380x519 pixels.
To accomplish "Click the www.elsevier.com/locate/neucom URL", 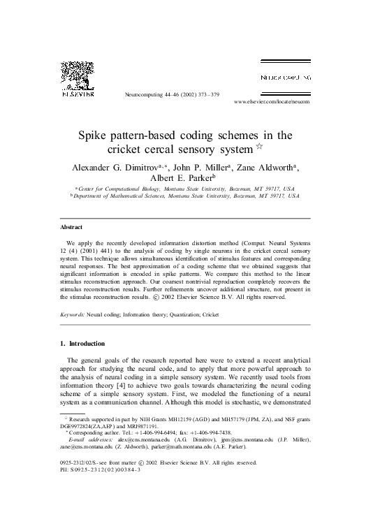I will (271, 102).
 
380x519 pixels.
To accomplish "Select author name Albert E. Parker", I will (189, 178).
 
